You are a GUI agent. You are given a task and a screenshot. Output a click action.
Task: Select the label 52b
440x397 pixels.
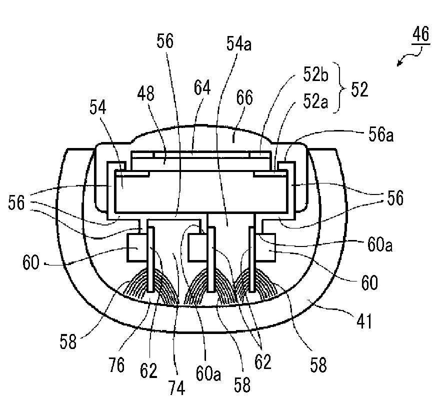(315, 74)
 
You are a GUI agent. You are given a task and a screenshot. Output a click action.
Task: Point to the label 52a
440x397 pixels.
(315, 101)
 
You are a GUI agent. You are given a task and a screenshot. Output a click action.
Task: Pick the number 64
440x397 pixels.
(202, 87)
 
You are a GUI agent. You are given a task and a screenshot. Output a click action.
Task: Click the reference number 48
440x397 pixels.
(145, 93)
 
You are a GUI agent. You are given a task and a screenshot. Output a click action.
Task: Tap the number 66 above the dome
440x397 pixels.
(244, 97)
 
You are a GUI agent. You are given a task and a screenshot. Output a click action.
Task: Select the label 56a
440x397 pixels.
(381, 135)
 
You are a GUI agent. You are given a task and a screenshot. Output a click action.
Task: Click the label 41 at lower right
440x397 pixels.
(364, 321)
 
